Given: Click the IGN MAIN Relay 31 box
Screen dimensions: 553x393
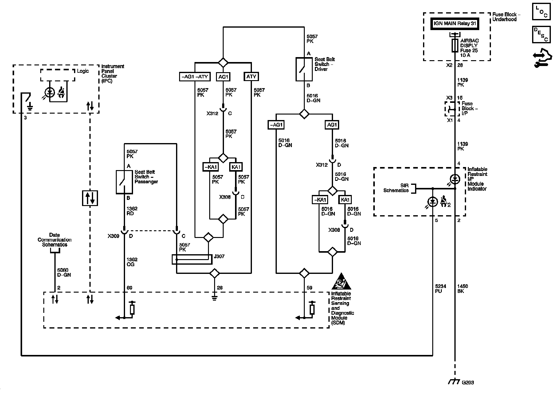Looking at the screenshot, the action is coord(454,24).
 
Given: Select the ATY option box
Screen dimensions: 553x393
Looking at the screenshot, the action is coord(251,76).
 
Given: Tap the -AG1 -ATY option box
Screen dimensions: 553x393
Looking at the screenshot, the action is coord(195,76).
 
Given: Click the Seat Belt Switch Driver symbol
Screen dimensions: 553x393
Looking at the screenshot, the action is coord(304,69).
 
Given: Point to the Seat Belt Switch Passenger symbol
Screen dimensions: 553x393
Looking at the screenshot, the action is coord(124,182).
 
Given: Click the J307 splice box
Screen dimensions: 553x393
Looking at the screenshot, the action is coord(192,259).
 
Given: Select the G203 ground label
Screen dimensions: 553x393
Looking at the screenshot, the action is coord(468,383).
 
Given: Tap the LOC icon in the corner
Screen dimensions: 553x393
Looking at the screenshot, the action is coord(541,12).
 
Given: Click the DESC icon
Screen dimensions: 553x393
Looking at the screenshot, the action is coord(541,34).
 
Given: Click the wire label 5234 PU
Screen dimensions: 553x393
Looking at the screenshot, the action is coord(440,289).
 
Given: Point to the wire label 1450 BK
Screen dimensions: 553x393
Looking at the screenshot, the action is coord(462,289).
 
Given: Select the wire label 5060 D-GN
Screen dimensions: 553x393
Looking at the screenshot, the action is coord(64,273).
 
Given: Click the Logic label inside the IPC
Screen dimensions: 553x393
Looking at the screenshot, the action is coord(83,71).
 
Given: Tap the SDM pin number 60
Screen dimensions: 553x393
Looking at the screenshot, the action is coord(129,288).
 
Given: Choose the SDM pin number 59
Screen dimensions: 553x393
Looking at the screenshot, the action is coord(309,288).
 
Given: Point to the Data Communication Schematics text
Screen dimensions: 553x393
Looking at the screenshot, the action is coord(54,240).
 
